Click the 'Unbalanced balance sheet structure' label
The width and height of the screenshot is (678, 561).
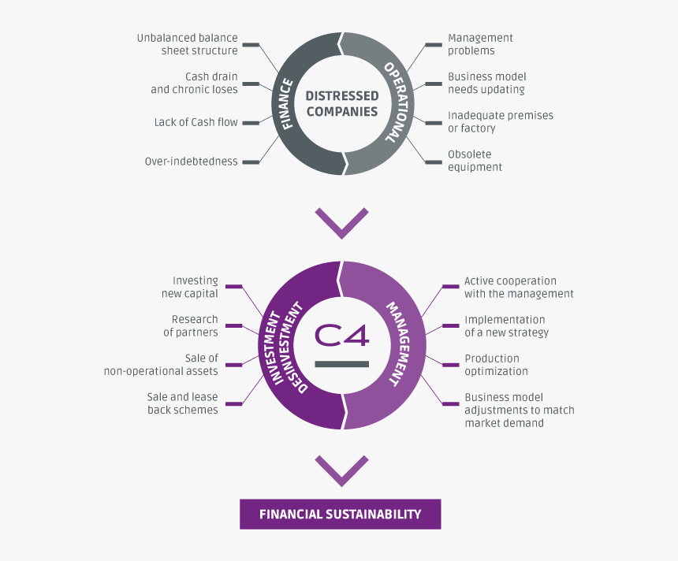tap(187, 44)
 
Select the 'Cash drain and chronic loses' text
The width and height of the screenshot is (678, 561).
tap(194, 83)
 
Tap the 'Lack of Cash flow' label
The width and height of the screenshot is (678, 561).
tap(196, 122)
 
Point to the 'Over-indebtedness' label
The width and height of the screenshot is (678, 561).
tap(191, 162)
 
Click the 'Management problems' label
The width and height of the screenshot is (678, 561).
tap(480, 44)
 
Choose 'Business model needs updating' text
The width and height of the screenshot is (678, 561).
tap(486, 83)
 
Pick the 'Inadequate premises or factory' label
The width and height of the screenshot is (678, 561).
tap(500, 121)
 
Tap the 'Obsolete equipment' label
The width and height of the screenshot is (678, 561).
tap(475, 161)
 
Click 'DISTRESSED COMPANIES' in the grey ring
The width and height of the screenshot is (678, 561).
tap(342, 103)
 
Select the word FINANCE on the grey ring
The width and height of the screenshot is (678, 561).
tap(287, 103)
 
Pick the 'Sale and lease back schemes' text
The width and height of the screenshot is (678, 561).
tap(182, 403)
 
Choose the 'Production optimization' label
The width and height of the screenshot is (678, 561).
tap(496, 365)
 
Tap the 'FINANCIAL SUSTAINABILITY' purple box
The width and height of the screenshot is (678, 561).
tap(341, 514)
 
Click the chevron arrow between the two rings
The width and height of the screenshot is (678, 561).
tap(341, 222)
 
